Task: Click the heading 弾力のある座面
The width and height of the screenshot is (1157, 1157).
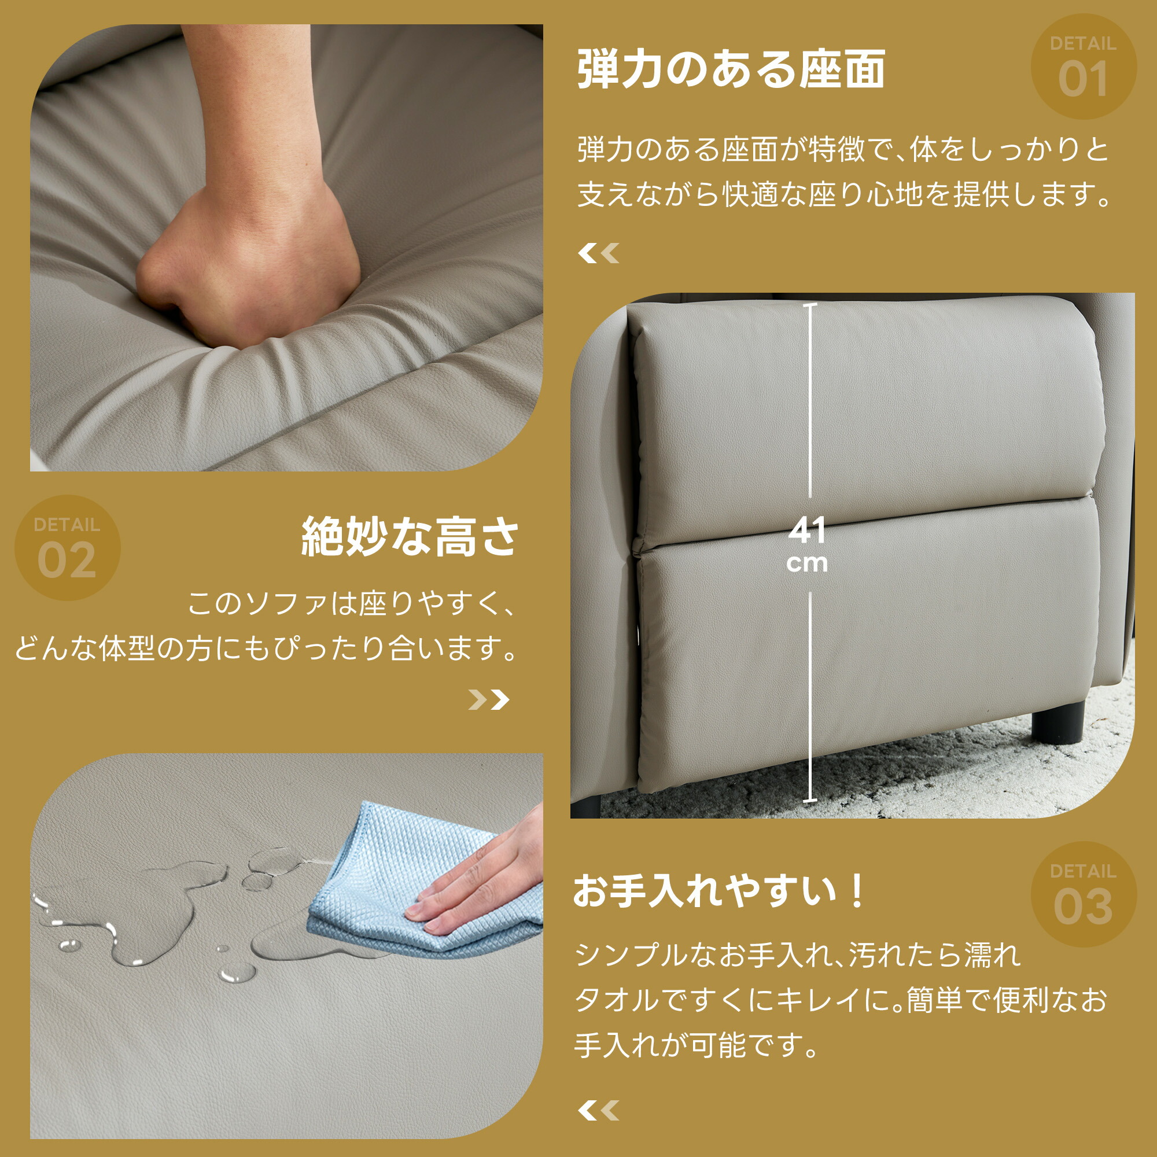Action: (x=731, y=69)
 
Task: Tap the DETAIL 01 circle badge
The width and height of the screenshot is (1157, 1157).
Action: (x=1084, y=67)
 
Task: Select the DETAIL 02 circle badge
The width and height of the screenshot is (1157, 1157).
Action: (x=67, y=547)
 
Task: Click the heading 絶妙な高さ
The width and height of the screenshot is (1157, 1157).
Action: (x=410, y=537)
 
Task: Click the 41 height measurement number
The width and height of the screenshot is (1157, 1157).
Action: (x=807, y=530)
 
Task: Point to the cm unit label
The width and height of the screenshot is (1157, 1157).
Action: (x=807, y=563)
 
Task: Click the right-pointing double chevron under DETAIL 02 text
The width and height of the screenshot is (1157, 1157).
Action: (x=489, y=699)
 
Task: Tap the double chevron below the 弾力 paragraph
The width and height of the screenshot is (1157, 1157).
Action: (x=598, y=253)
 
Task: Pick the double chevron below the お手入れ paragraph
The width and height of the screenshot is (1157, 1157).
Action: (x=598, y=1111)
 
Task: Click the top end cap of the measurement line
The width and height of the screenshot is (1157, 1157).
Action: (x=810, y=305)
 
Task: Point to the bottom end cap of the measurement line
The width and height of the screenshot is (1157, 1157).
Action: (x=810, y=801)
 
